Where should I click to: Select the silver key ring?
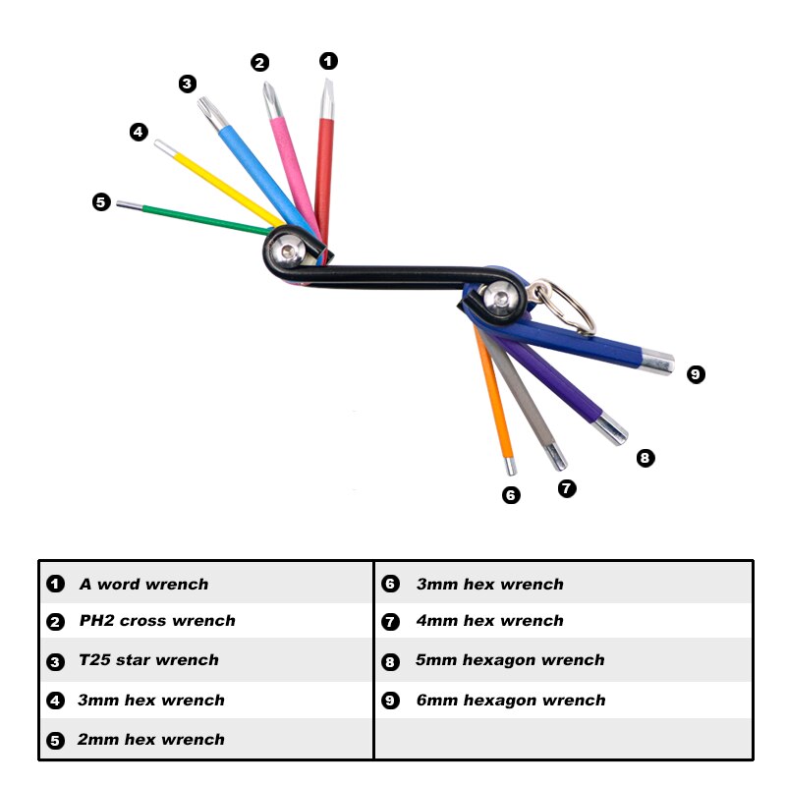point(565,305)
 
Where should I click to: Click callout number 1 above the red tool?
point(328,61)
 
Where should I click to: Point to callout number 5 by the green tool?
point(101,202)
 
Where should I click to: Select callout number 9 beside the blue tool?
point(696,374)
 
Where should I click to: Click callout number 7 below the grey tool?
point(567,487)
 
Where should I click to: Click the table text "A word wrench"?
point(143,584)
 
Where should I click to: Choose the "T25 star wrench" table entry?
point(148,660)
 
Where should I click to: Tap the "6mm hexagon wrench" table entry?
point(510,701)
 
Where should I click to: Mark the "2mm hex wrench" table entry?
point(150,740)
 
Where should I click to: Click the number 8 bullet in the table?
point(390,661)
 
